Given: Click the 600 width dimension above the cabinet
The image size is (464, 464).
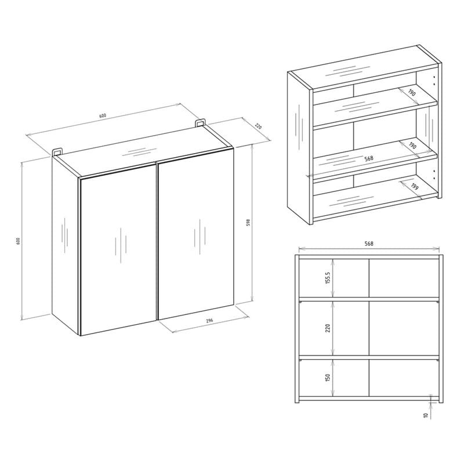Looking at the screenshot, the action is pos(103,115).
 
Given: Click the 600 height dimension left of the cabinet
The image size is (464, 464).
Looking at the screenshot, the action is pos(18,241).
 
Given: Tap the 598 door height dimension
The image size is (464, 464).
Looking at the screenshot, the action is pos(249,223).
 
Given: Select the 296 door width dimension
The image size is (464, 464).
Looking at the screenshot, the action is pos(209,321).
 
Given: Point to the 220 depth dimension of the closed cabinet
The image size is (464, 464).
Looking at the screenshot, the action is pos(258,126).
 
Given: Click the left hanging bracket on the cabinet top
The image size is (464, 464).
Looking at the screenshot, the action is pos(57,151).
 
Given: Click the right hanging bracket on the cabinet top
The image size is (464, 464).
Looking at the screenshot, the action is pos(200,123).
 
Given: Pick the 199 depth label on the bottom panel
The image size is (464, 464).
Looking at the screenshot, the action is pos(415,187).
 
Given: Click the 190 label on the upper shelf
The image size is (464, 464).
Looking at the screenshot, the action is pos(412,93).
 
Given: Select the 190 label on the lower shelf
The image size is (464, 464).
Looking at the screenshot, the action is pos(412,146).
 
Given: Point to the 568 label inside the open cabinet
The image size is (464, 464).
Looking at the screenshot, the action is pos(369,158).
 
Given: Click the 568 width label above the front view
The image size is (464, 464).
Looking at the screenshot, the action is pos(369,244).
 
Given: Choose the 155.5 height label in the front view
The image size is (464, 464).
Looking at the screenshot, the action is pos(327,278).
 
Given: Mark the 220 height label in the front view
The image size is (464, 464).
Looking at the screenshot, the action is pos(327,328).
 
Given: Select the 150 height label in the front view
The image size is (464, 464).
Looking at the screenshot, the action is pos(327,378).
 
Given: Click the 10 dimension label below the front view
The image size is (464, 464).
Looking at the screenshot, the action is pos(426,415).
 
